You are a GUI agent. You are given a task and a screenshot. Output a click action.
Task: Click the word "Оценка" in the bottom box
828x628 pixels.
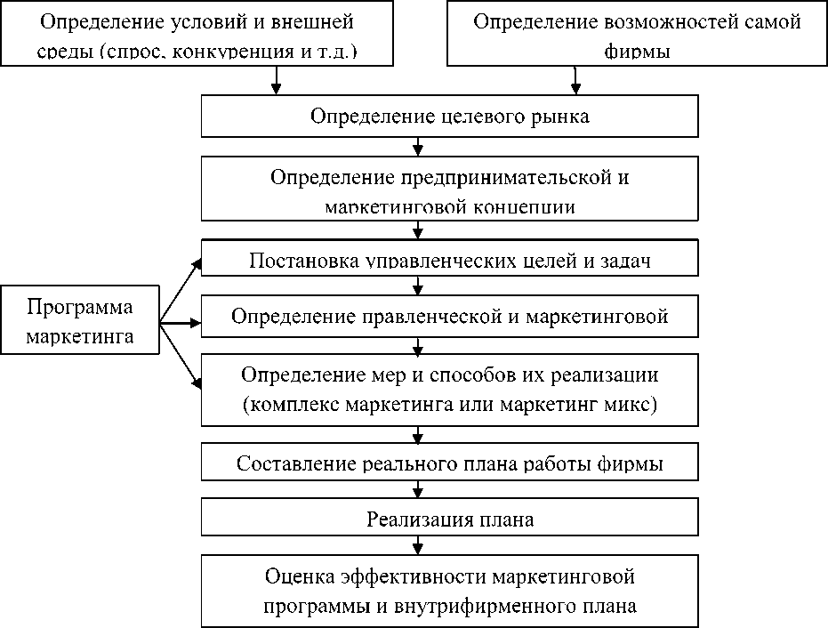point(300,576)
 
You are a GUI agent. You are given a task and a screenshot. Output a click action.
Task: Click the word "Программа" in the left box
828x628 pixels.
point(80,308)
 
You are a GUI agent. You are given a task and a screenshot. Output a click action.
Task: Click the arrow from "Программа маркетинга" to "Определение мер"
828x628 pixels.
point(182,356)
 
